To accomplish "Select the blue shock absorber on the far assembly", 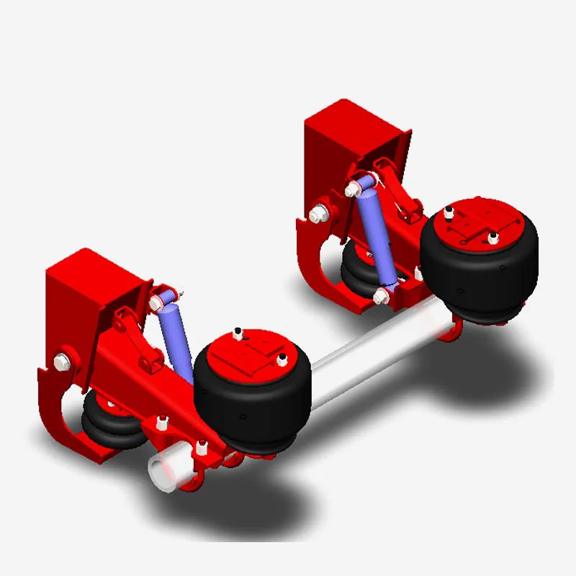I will tap(377, 234).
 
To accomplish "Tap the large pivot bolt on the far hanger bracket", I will tap(318, 214).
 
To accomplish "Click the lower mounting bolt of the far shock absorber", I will tap(382, 295).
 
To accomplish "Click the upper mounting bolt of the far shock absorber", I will tap(354, 190).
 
